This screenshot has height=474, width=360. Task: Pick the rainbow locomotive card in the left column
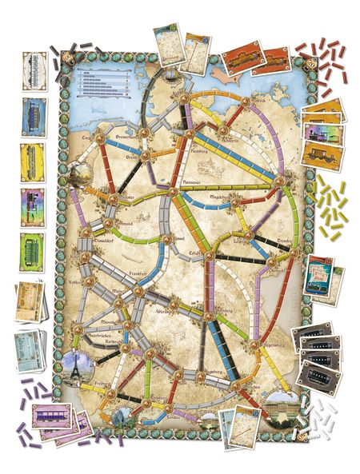(32, 205)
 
